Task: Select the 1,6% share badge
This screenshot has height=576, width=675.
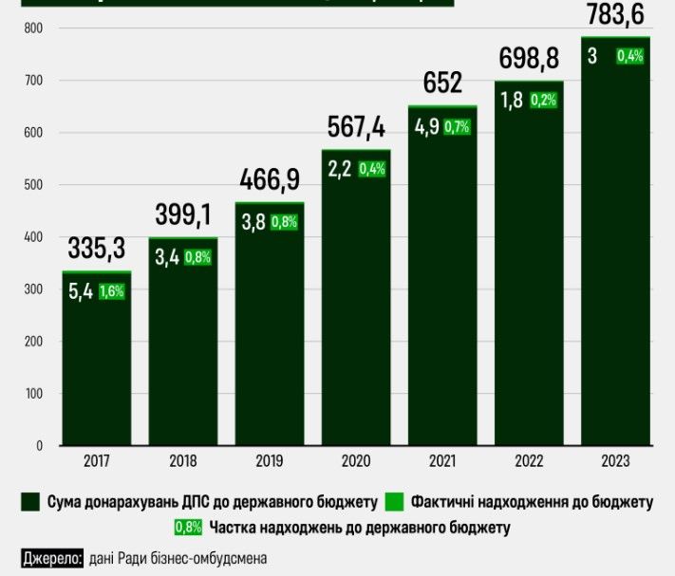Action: click(112, 292)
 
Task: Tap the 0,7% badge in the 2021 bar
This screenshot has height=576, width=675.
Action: click(458, 127)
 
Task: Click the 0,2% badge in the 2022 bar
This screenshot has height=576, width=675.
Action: click(544, 101)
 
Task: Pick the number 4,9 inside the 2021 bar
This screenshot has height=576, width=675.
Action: click(426, 126)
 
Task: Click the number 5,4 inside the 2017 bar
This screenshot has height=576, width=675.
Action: click(81, 292)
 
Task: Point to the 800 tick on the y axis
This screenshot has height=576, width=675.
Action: click(34, 29)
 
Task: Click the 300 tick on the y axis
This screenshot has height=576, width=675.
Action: click(34, 289)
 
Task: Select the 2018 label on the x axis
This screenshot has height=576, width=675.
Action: click(183, 461)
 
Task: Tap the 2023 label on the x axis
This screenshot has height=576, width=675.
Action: click(614, 461)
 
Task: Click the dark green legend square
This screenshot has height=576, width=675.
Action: click(30, 500)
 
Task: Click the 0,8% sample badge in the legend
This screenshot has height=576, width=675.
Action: click(187, 528)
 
